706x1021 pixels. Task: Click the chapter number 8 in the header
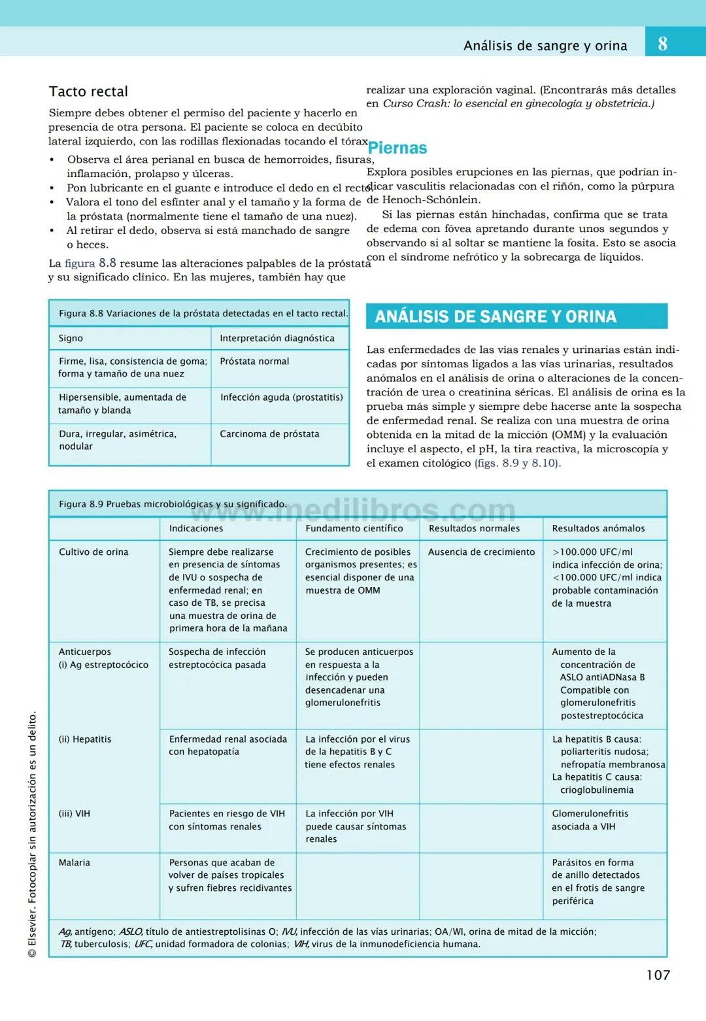(662, 44)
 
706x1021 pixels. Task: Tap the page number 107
(658, 975)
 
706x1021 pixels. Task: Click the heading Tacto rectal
(88, 92)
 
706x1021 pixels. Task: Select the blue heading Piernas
(397, 148)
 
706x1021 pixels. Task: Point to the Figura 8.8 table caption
(203, 313)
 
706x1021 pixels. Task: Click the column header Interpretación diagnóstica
(277, 338)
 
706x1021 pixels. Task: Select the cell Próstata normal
(254, 361)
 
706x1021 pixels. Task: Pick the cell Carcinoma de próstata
(269, 434)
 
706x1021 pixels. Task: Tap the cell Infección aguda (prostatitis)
(281, 397)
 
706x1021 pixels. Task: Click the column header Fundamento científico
(354, 528)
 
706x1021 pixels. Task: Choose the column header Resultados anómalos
(598, 528)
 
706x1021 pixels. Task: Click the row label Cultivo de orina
(93, 552)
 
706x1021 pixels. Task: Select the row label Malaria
(75, 862)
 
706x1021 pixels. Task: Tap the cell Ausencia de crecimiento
(481, 552)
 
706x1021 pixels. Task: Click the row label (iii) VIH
(75, 814)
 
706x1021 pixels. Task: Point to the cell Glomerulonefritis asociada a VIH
(590, 820)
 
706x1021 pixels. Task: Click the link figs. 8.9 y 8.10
(517, 463)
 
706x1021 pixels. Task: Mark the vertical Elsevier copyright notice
(32, 833)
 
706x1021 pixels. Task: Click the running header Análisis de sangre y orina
(545, 46)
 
